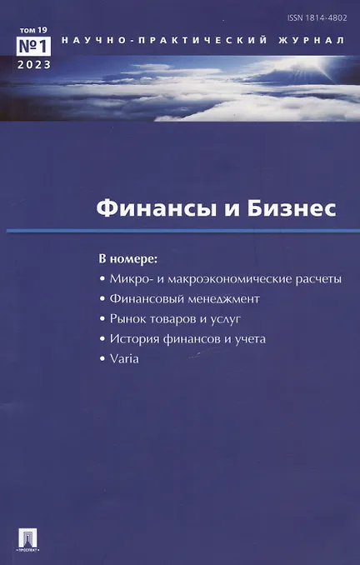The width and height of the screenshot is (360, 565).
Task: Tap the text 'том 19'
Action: point(33,30)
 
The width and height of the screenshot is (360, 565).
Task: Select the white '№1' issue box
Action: point(33,46)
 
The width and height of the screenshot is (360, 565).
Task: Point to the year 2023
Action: point(34,65)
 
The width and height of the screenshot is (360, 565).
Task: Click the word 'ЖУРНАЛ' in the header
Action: point(311,40)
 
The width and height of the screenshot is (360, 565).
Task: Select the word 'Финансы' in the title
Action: point(157,208)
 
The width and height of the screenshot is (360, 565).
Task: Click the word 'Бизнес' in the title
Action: point(291,208)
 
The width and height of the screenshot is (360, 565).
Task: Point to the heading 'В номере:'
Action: point(128,259)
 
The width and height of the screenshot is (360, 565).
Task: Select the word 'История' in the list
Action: point(134,339)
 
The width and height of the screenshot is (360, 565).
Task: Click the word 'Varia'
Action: point(124,359)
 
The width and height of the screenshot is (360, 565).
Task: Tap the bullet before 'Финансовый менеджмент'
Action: point(102,299)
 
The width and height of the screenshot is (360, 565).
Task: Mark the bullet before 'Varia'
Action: point(102,359)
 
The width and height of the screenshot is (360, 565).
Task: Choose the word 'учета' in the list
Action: point(250,339)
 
